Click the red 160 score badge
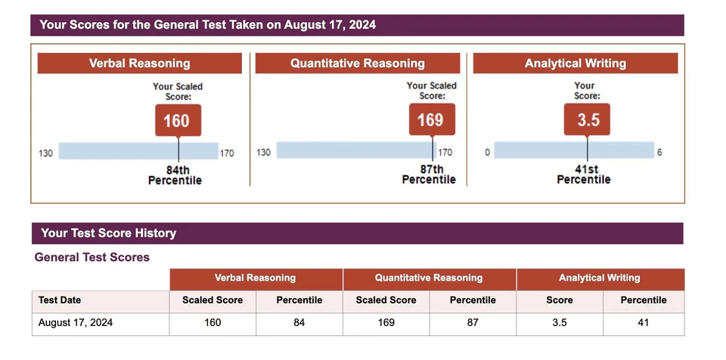click(x=178, y=120)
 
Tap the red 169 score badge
click(x=432, y=119)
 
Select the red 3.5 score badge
click(x=586, y=119)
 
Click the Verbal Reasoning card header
click(x=139, y=64)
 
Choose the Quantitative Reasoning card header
click(x=357, y=64)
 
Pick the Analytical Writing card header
click(x=575, y=64)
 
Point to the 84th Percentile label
click(x=175, y=175)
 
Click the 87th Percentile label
click(x=429, y=175)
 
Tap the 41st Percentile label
click(x=583, y=175)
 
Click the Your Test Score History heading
click(x=108, y=233)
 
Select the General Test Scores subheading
click(x=92, y=257)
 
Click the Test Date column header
click(x=60, y=300)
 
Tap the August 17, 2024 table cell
click(x=76, y=323)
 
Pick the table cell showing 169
click(x=386, y=323)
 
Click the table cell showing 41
click(x=643, y=323)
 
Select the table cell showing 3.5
click(x=559, y=323)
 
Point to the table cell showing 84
click(x=299, y=323)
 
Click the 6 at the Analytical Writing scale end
click(x=659, y=153)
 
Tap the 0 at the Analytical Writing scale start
click(x=488, y=153)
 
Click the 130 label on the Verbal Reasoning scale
click(x=45, y=154)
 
